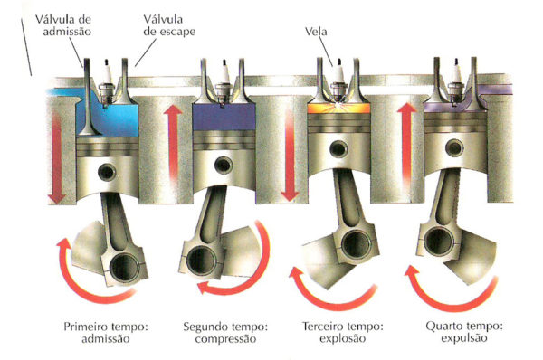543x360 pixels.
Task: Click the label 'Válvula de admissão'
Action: click(x=63, y=25)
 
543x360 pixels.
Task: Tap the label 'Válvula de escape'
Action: click(x=169, y=25)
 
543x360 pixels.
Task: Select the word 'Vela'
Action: click(x=316, y=32)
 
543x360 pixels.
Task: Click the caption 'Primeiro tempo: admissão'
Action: click(x=106, y=332)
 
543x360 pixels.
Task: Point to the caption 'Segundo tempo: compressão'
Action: click(x=225, y=332)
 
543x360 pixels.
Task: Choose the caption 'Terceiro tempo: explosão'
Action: click(x=342, y=332)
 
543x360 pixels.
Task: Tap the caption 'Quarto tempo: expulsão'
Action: click(x=464, y=332)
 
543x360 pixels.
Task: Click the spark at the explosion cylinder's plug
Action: click(x=338, y=105)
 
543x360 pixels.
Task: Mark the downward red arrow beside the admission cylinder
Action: click(x=56, y=157)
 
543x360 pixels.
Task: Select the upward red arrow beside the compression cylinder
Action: click(x=173, y=146)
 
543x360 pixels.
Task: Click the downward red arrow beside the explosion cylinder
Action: click(x=290, y=156)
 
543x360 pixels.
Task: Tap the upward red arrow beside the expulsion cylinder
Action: click(x=407, y=146)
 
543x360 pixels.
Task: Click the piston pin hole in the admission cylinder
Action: click(x=107, y=172)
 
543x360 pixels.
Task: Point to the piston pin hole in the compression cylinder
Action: click(x=224, y=165)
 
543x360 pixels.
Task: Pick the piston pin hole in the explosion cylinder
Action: click(x=338, y=149)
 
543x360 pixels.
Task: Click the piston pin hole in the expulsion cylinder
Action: click(x=454, y=147)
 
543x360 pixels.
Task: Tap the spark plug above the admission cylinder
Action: click(x=107, y=82)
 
